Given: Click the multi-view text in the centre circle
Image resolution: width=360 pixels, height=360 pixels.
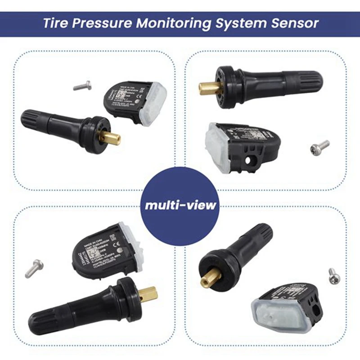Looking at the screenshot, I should (x=180, y=205).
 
